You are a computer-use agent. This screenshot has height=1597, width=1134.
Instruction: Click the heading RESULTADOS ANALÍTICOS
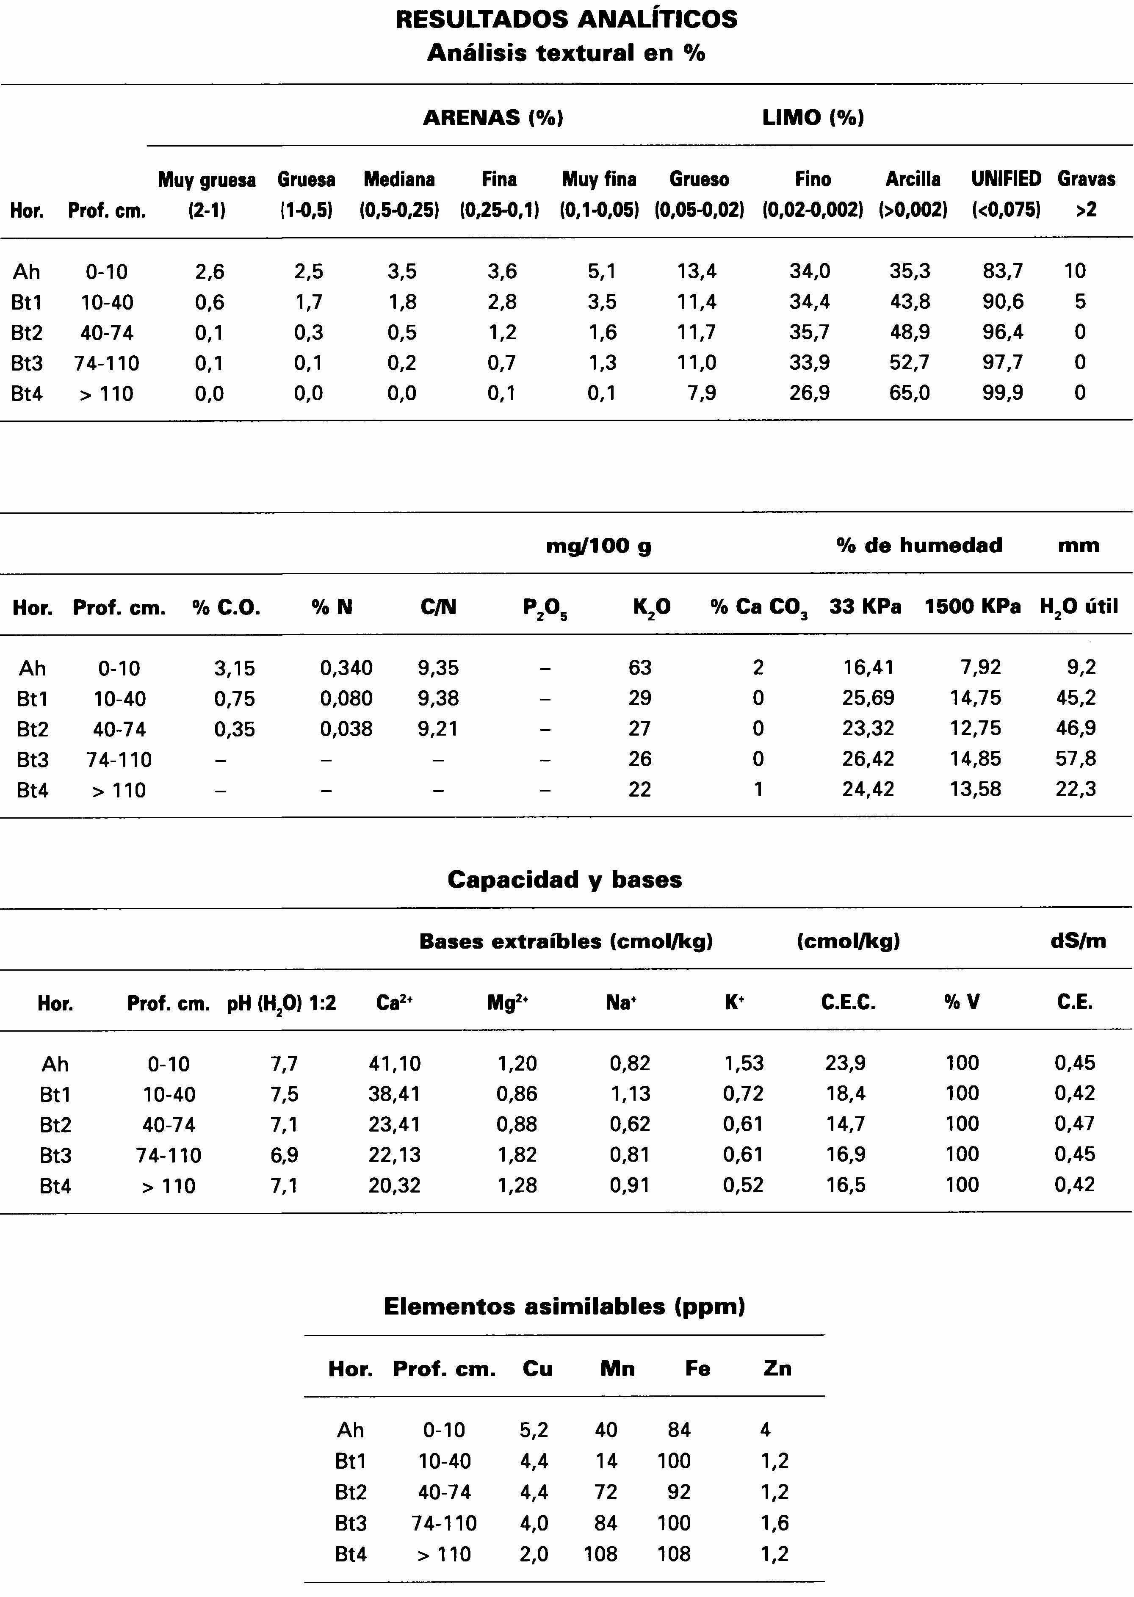tap(566, 19)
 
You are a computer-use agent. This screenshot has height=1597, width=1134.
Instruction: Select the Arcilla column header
tap(913, 180)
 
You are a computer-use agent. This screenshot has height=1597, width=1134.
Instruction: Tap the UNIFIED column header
tap(1006, 180)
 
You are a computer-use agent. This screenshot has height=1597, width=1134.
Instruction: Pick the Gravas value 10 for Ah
tap(1075, 271)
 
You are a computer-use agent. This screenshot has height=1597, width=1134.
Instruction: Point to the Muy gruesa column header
tap(207, 180)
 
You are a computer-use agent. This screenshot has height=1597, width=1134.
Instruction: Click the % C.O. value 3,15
tap(235, 668)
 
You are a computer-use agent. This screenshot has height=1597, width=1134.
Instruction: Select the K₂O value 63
tap(639, 668)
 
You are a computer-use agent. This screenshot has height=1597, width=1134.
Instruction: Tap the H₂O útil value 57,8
tap(1075, 759)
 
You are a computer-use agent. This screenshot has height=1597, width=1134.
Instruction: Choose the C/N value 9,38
tap(438, 698)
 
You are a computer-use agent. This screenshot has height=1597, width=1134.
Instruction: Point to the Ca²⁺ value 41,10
tap(395, 1063)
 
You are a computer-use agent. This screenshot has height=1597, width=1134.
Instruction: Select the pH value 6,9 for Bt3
tap(284, 1155)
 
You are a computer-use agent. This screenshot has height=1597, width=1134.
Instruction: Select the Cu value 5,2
tap(534, 1430)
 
